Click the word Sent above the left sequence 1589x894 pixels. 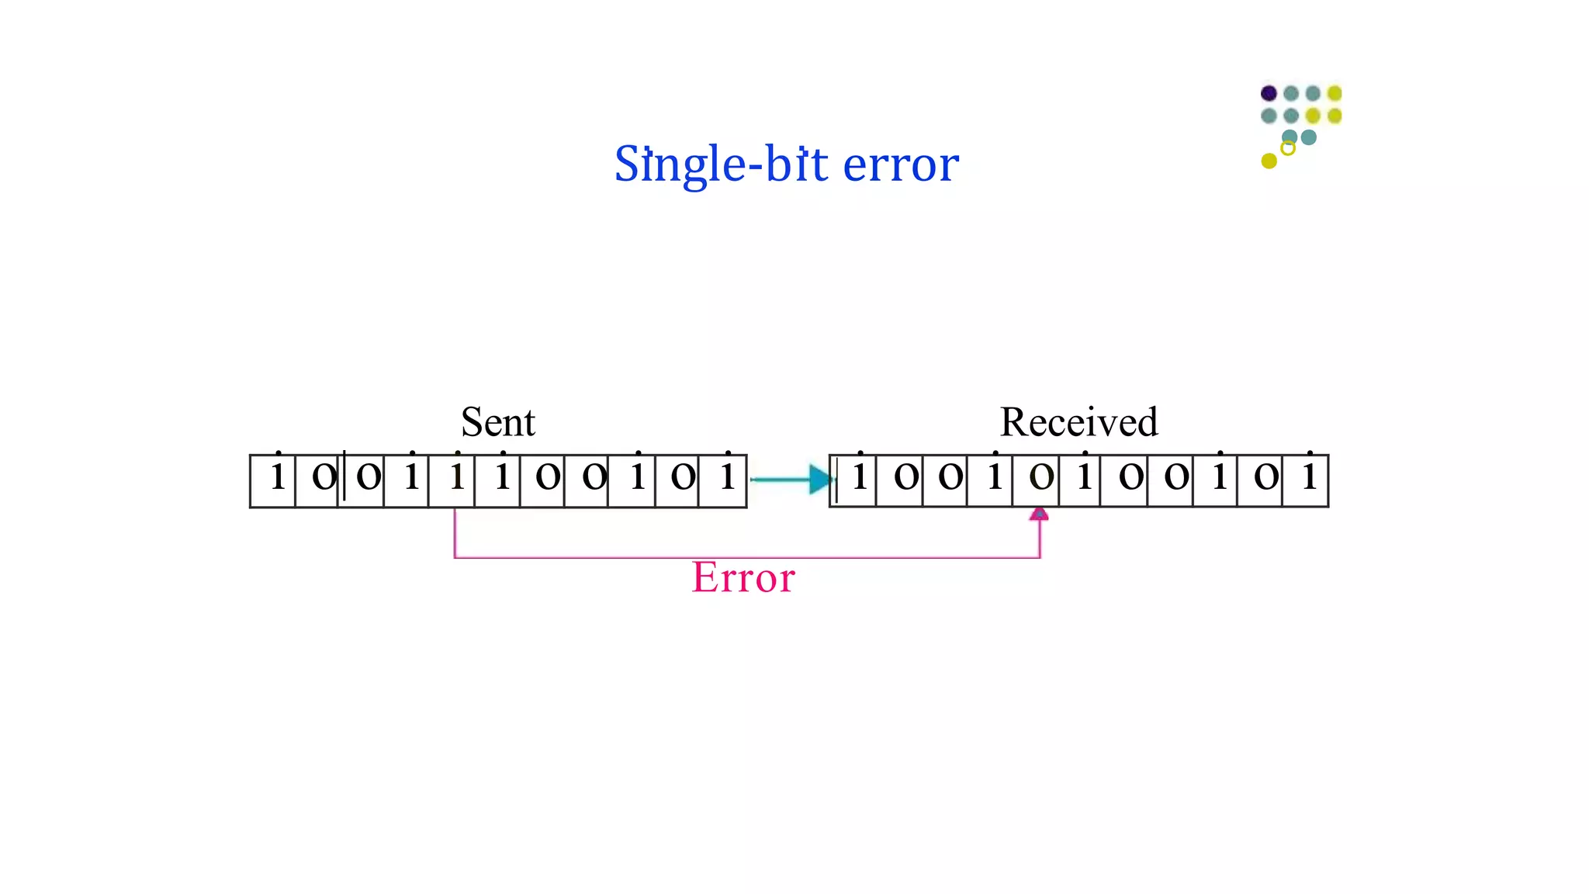pyautogui.click(x=497, y=422)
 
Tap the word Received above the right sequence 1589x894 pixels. pyautogui.click(x=1078, y=422)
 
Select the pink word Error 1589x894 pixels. pyautogui.click(x=743, y=578)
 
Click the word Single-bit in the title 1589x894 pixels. pyautogui.click(x=721, y=164)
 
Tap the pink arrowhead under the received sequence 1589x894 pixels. pyautogui.click(x=1039, y=514)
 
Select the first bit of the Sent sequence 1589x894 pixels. pyautogui.click(x=277, y=476)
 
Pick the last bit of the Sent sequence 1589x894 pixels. pyautogui.click(x=727, y=476)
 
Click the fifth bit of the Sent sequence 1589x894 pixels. pyautogui.click(x=457, y=476)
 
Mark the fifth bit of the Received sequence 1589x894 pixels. pyautogui.click(x=1040, y=476)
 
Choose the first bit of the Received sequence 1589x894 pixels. pyautogui.click(x=859, y=476)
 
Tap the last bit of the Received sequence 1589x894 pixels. pyautogui.click(x=1309, y=476)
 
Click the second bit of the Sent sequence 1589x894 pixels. pyautogui.click(x=323, y=476)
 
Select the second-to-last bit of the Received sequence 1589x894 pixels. pyautogui.click(x=1265, y=476)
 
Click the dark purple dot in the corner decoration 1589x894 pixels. pyautogui.click(x=1269, y=93)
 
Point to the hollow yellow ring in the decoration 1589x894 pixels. pyautogui.click(x=1287, y=148)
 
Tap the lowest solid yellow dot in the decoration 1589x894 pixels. pyautogui.click(x=1269, y=161)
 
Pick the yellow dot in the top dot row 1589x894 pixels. pyautogui.click(x=1335, y=93)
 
